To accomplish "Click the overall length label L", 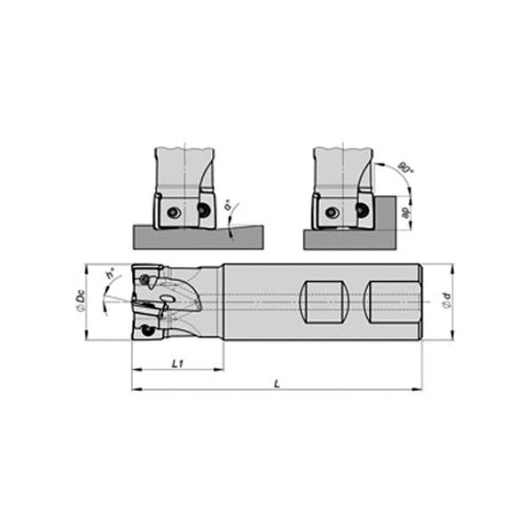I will pos(277,383).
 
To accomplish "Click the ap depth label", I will pos(404,214).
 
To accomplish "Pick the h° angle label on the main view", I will pos(109,276).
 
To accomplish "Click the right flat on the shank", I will pos(389,302).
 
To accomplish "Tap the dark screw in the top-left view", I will pos(204,211).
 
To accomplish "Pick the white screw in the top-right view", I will pos(332,213).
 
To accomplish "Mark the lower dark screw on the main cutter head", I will pos(146,331).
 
